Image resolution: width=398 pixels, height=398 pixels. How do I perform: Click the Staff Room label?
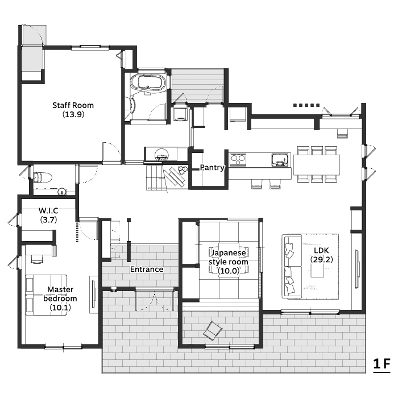tap(73, 110)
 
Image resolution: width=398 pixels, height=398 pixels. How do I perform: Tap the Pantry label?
tap(212, 168)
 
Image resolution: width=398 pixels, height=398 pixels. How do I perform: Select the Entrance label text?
tap(147, 269)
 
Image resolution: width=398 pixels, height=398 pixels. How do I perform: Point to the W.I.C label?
tap(48, 215)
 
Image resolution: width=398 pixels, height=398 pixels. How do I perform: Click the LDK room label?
tap(322, 255)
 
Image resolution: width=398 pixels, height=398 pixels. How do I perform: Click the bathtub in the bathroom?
tap(148, 82)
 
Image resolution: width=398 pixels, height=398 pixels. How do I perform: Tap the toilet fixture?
tap(43, 177)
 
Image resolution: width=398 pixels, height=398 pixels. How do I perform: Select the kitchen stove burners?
tap(238, 160)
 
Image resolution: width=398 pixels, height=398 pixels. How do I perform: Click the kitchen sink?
tap(280, 160)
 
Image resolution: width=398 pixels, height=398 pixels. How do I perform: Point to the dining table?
tap(317, 165)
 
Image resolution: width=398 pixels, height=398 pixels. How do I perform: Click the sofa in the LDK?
tap(292, 267)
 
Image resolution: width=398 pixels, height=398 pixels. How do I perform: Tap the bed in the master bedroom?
tap(46, 295)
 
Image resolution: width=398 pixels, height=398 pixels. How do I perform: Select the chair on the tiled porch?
tap(213, 330)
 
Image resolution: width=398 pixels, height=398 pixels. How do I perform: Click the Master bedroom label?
tap(60, 298)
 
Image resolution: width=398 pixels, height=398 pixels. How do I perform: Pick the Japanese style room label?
tap(229, 262)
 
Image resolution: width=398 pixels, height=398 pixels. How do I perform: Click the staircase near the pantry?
tap(156, 177)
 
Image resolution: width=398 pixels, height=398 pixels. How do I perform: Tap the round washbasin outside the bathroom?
tap(161, 154)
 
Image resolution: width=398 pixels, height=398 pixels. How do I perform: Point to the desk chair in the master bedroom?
tap(37, 259)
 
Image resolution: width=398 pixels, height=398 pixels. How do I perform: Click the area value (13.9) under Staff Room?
tap(73, 114)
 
